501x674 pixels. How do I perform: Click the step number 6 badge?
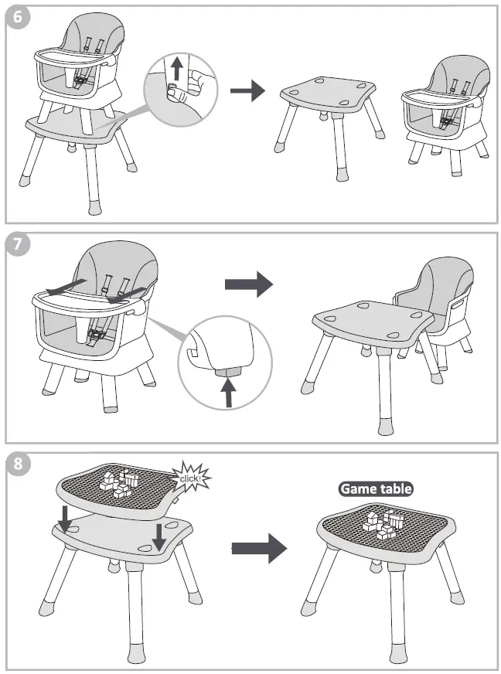(18, 19)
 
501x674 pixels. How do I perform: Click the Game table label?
(376, 488)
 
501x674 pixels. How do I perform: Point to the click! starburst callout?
(190, 477)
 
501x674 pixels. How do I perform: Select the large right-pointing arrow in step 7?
(248, 284)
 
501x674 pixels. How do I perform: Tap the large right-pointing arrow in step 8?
(259, 548)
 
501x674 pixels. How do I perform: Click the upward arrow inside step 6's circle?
(177, 70)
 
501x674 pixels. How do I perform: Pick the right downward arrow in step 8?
(158, 536)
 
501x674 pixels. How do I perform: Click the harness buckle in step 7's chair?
(97, 335)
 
